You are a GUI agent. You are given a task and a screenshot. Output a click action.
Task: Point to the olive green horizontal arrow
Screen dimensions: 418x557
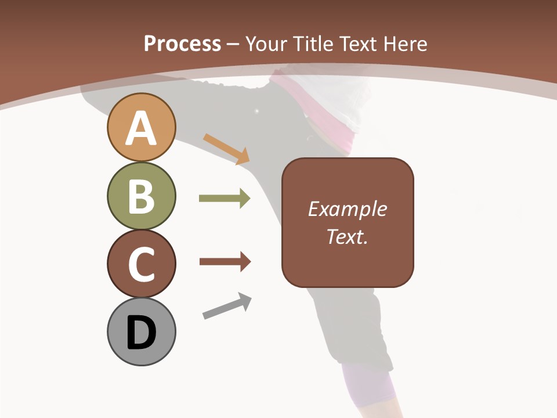(225, 199)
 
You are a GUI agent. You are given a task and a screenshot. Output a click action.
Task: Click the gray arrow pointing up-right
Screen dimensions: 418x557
(227, 306)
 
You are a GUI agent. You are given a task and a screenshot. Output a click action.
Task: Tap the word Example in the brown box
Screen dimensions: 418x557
(347, 209)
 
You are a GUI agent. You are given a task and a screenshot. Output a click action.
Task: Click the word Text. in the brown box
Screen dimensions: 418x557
(347, 236)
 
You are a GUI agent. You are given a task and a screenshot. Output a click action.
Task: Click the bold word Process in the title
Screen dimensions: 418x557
(182, 44)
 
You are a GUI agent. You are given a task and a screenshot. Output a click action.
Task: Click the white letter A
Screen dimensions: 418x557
(141, 128)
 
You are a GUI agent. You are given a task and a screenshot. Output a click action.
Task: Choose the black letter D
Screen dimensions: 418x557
(141, 333)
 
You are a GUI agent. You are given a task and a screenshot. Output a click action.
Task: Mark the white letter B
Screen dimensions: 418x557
(141, 196)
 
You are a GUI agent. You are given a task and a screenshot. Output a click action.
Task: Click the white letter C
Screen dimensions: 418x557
(141, 264)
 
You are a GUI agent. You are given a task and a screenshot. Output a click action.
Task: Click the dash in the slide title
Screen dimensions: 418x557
(233, 44)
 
